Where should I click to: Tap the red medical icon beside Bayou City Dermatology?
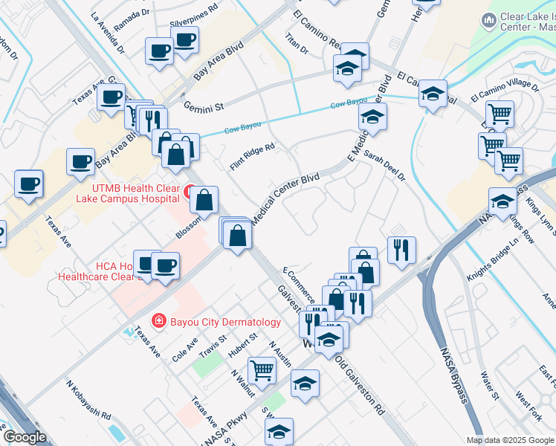point(158,321)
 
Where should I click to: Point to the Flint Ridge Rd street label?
point(253,157)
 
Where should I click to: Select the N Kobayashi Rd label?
point(88,401)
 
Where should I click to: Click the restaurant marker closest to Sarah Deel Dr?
point(401,250)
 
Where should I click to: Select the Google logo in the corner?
point(25,437)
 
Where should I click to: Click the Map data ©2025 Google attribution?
point(509,440)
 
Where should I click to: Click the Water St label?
point(488,384)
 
